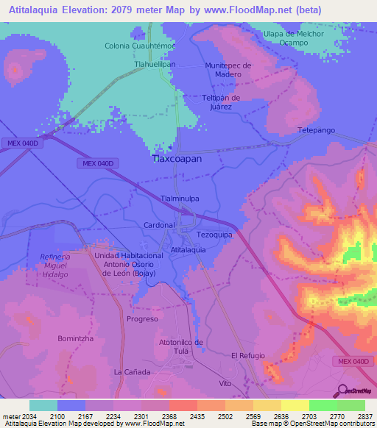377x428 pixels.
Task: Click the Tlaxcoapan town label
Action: pos(177,158)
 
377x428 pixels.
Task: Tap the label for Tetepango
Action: pos(316,130)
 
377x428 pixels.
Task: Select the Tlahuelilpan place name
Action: pos(154,64)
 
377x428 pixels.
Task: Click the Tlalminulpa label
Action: pos(179,199)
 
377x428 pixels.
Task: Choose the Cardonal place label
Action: pos(159,224)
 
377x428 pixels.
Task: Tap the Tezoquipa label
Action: pos(214,234)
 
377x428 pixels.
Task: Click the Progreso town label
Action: pos(142,319)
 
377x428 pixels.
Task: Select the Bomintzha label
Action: pos(75,338)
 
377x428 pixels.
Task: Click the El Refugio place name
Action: pos(247,356)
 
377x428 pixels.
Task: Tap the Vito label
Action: pos(225,384)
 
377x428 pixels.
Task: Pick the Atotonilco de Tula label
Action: pos(181,346)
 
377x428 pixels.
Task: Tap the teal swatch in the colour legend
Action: pos(43,405)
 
